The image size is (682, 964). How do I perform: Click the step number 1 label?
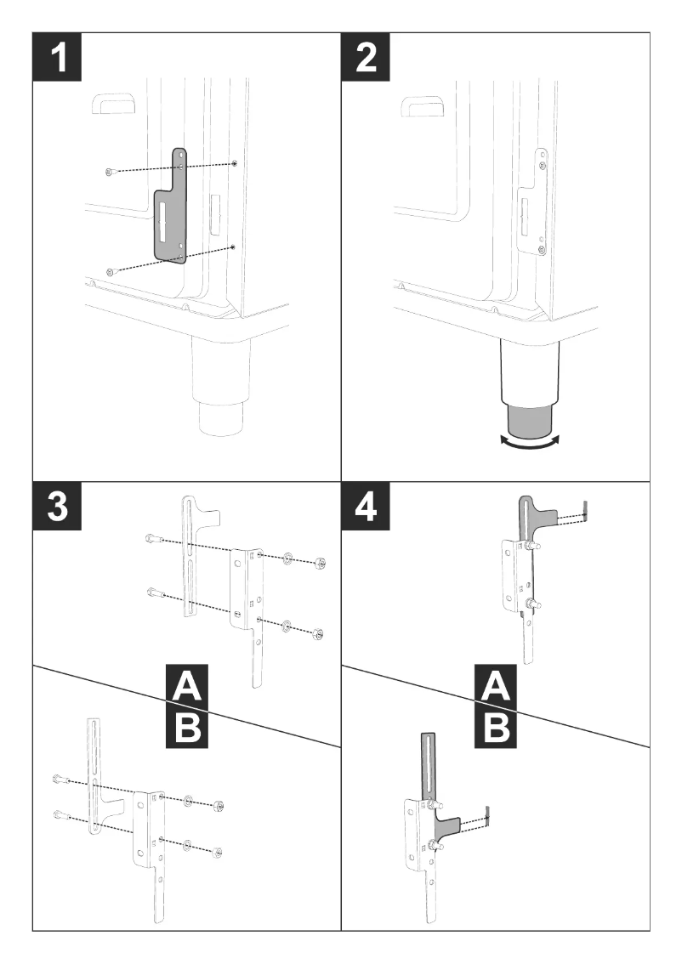point(57,57)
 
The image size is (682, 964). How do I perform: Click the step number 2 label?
point(366,57)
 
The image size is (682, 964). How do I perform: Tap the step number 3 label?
point(57,506)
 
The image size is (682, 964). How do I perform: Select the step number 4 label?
point(366,506)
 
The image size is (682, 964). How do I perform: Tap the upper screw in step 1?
point(109,172)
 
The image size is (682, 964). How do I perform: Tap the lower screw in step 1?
point(109,271)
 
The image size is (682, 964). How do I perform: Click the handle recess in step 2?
point(423,105)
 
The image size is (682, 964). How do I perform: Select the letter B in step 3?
point(187,727)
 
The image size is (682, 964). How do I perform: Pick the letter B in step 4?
point(496,727)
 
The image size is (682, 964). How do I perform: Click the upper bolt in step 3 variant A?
point(153,539)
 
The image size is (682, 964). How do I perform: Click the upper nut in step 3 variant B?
point(218,806)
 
